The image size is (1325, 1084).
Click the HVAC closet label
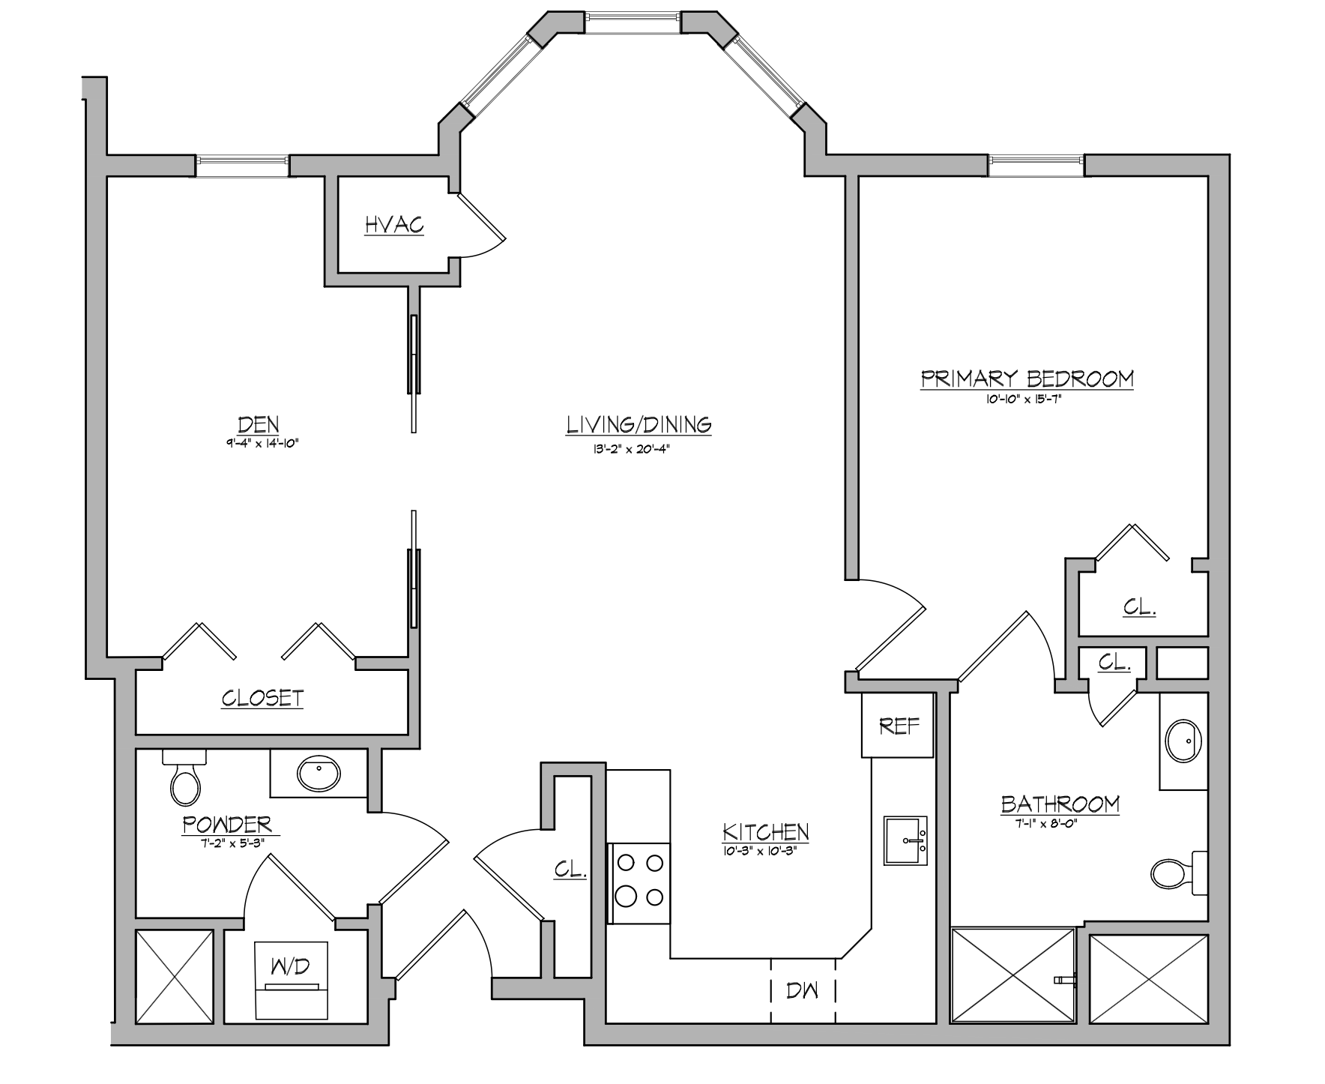[x=394, y=224]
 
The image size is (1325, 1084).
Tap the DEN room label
[x=258, y=424]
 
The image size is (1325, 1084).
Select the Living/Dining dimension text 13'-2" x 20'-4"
[x=639, y=450]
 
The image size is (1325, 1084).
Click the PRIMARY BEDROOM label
[x=1027, y=379]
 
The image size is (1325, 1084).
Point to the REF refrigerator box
[x=898, y=725]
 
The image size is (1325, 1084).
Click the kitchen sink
[x=905, y=840]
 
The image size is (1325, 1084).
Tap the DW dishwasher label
[x=803, y=990]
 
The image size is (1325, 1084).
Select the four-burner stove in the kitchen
[x=639, y=882]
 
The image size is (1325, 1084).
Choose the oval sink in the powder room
[x=319, y=773]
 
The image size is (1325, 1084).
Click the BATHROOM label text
[x=1060, y=804]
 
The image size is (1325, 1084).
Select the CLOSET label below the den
[x=262, y=699]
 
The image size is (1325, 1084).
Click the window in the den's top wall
[x=242, y=166]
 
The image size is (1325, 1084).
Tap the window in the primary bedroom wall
[x=1036, y=165]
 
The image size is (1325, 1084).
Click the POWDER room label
[x=227, y=825]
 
